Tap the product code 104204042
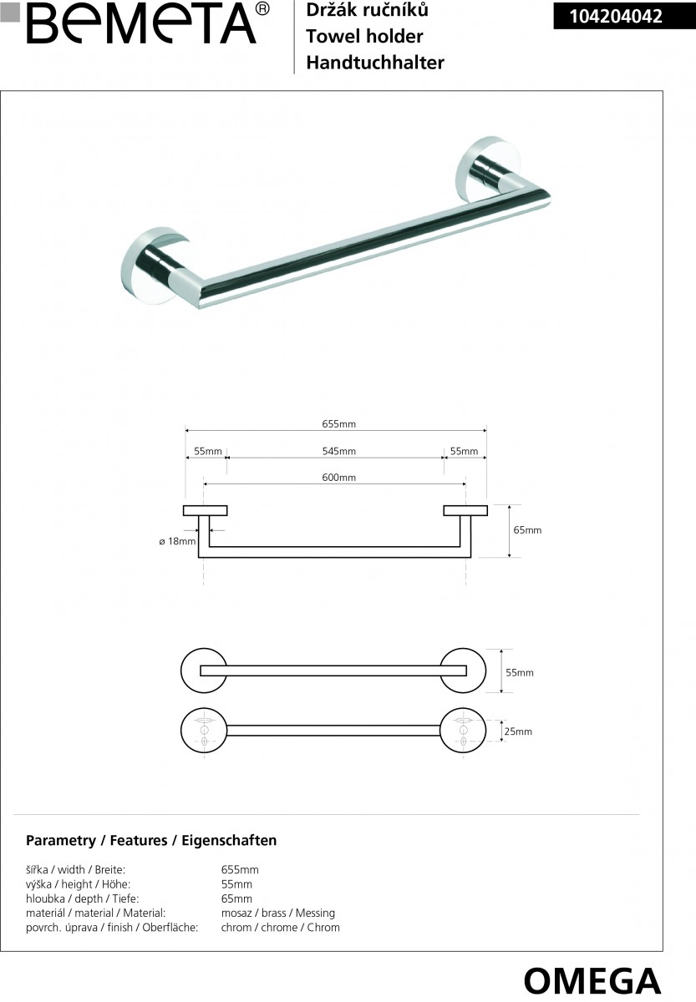coord(616,15)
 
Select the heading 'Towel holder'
coord(364,37)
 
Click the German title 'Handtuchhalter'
coord(375,63)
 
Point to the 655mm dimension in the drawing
coord(339,424)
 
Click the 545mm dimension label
coord(339,452)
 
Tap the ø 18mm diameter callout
coord(177,541)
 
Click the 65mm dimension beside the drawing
coord(527,530)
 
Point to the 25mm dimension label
coord(518,731)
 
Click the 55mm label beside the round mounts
coord(520,672)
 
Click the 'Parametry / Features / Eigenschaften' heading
coord(151,841)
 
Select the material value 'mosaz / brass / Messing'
coord(277,913)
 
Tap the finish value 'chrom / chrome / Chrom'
coord(280,928)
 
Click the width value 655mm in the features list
coord(240,870)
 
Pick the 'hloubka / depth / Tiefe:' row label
coord(79,899)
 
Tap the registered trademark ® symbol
coord(262,9)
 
